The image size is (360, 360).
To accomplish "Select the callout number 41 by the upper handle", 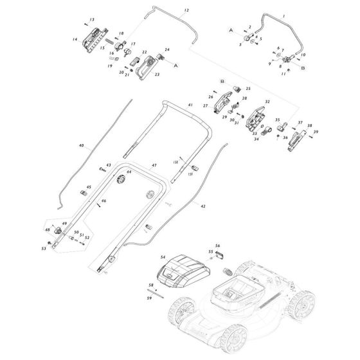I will (190, 105).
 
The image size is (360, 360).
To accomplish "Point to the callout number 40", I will (81, 146).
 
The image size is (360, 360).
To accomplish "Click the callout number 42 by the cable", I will (203, 207).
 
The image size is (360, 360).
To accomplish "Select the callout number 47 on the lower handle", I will (154, 166).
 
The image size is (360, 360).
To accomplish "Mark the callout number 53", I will (43, 248).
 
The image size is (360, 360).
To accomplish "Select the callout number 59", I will (150, 298).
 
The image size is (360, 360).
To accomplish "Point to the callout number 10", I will (303, 55).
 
